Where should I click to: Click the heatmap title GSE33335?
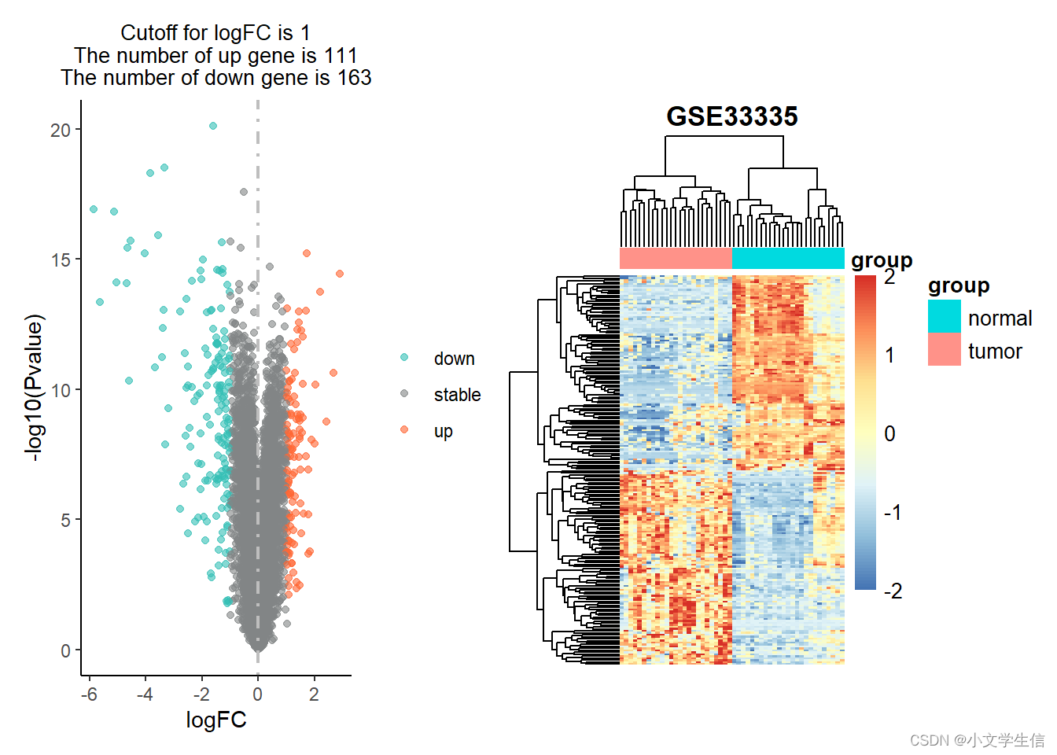732,116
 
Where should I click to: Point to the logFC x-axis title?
216,720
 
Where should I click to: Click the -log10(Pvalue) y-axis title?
34,388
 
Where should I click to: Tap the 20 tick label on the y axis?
61,131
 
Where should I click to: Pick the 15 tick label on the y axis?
61,260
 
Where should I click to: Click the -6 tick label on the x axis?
89,694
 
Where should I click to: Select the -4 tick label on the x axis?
145,694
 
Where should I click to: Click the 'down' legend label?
454,359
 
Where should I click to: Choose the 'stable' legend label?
457,395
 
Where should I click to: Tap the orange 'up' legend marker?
404,429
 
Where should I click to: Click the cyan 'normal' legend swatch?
945,316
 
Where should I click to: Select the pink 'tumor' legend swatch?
945,349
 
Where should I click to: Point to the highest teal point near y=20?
213,126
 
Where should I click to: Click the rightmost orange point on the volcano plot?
339,274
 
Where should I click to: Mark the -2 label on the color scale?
893,591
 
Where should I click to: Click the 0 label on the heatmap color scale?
889,433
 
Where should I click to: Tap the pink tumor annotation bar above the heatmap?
676,258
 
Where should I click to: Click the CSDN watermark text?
978,740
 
